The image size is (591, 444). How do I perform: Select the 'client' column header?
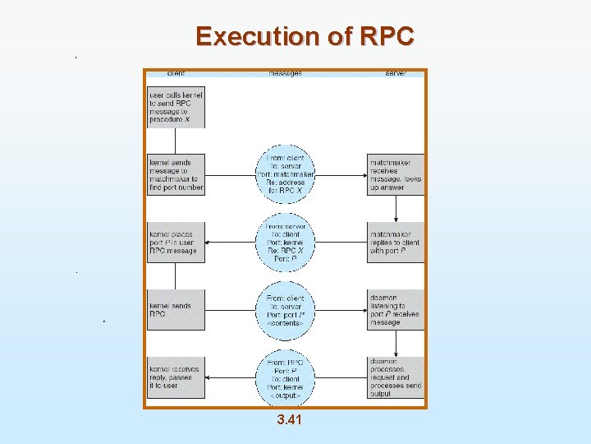pos(175,73)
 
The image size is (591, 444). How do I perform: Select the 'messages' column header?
pos(285,73)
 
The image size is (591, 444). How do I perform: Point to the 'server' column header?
pos(396,73)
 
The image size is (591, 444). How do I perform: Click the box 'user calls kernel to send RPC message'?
pos(176,107)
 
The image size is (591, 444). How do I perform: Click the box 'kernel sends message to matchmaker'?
pos(176,174)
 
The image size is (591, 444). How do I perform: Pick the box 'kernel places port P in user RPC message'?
pos(176,243)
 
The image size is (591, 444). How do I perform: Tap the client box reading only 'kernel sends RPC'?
pos(176,310)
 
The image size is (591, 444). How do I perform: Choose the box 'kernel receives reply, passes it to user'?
pos(176,377)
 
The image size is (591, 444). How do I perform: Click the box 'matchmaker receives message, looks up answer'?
pos(396,174)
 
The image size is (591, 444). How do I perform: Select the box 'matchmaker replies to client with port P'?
pos(396,243)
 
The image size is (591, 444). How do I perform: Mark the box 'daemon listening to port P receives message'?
pos(396,310)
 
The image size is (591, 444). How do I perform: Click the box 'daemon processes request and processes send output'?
pos(396,377)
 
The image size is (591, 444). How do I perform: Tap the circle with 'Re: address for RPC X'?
pos(286,174)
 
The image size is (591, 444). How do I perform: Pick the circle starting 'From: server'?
pos(286,243)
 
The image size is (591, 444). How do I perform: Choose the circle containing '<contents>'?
pos(286,310)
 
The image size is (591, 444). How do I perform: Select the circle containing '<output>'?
pos(286,377)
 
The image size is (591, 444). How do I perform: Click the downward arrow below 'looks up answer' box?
pos(396,209)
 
